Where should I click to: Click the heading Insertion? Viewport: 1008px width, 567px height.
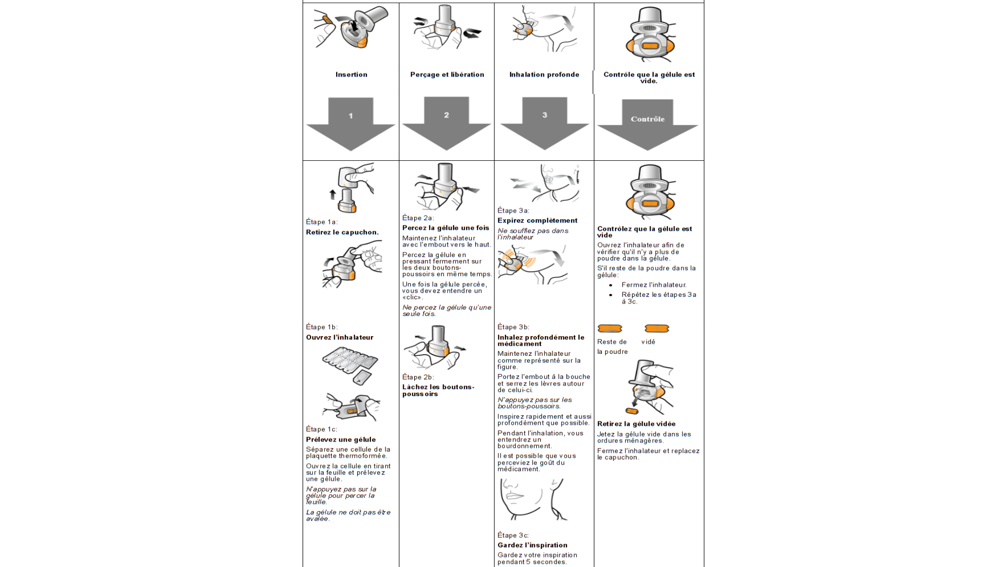tap(351, 75)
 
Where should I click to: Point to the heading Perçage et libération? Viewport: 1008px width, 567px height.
tap(447, 75)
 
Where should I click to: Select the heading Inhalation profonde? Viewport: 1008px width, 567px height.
tap(544, 75)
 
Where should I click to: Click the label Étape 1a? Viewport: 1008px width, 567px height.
tap(322, 222)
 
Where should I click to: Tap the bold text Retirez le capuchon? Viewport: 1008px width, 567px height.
tap(342, 232)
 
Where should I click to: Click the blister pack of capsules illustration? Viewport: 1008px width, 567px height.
tap(350, 363)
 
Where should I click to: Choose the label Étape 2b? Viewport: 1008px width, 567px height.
tap(418, 377)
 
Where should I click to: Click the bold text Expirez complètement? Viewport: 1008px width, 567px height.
tap(537, 220)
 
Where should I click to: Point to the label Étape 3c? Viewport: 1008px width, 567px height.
tap(513, 535)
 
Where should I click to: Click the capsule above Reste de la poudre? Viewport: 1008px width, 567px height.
tap(610, 329)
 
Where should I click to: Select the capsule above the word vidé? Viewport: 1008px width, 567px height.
tap(657, 329)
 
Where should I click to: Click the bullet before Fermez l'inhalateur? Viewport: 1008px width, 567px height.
tap(611, 285)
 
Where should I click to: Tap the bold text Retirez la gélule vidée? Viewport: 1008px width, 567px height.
tap(636, 424)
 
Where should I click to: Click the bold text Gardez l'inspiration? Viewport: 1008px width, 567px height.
tap(532, 545)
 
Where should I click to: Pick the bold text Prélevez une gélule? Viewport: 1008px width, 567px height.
tap(341, 439)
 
